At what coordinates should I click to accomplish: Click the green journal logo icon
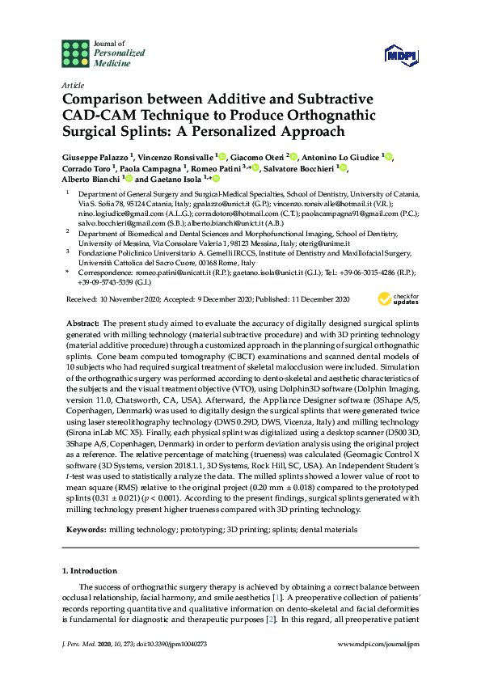click(x=75, y=53)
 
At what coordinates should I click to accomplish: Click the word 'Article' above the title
click(x=72, y=85)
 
